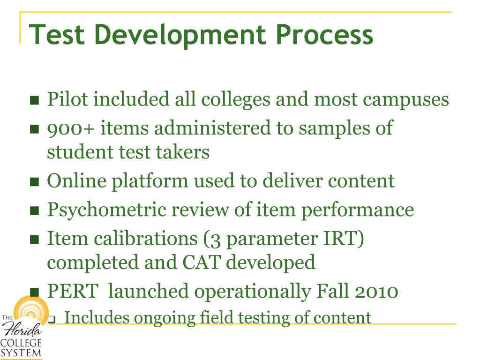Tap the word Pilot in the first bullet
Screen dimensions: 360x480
(65, 100)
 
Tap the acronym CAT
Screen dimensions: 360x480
(200, 262)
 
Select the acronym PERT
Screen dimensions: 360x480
(73, 292)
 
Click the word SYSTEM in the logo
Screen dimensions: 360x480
(21, 352)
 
